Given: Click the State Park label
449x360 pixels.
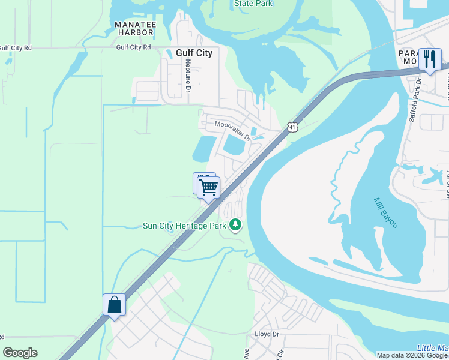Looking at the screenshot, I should pos(253,4).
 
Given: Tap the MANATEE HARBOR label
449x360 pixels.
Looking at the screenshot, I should pos(136,28).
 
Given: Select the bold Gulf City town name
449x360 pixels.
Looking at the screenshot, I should pos(194,53).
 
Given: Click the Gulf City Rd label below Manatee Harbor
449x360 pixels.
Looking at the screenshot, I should pos(133,46).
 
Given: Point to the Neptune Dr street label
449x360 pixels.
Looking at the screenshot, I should pos(188,75).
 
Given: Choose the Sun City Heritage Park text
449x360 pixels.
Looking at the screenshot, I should pos(184,226).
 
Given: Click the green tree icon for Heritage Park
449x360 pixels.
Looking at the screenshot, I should pos(236,226).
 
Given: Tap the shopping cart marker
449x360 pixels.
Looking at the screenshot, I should pos(208,187).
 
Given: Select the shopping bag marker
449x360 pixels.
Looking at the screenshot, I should pos(114,305).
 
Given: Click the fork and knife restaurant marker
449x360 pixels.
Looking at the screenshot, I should pos(429,59).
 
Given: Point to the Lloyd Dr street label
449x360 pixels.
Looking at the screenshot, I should pos(267,334).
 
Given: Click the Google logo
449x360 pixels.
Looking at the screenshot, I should pos(20,353).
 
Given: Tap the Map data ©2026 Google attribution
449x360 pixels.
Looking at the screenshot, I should pos(412,355).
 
